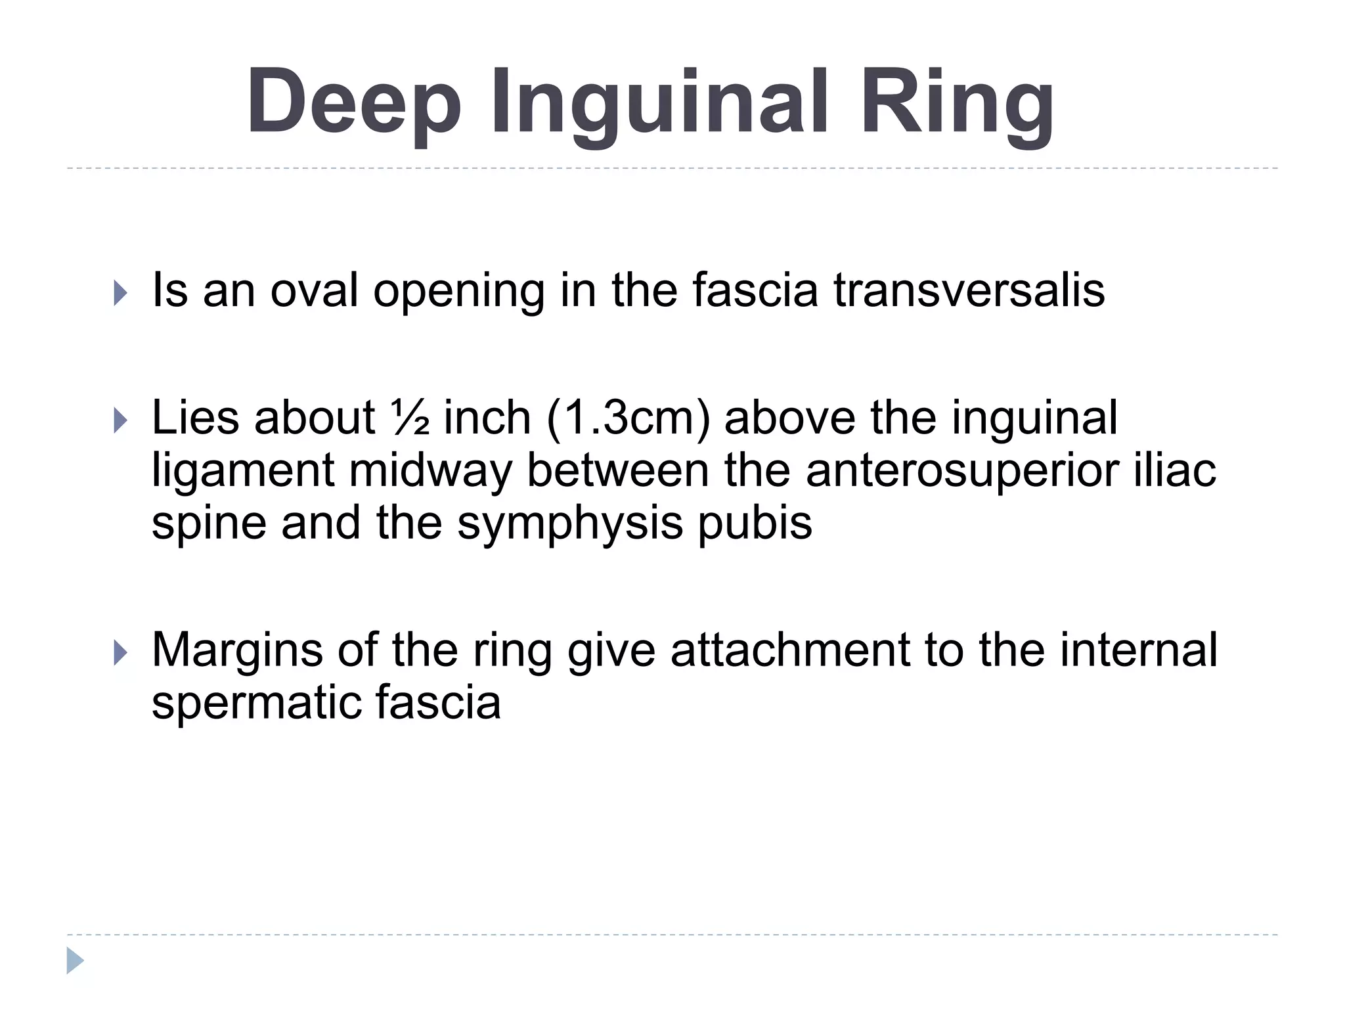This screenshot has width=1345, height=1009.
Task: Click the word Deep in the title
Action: [x=354, y=102]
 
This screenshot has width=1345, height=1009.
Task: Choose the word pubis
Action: [x=755, y=524]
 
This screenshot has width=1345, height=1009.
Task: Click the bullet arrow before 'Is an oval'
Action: [x=120, y=292]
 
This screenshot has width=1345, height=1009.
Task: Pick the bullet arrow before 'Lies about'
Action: [x=120, y=420]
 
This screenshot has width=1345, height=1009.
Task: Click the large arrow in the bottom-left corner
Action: [x=75, y=960]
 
